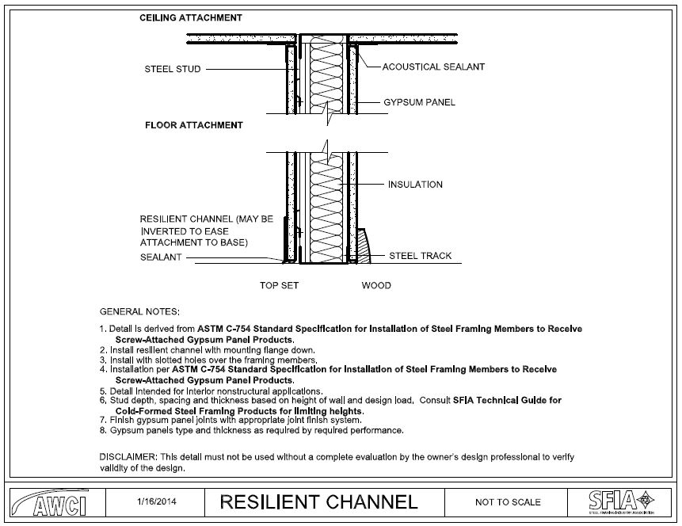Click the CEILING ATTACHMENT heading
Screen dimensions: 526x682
[x=191, y=17]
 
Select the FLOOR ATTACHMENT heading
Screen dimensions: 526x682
[x=193, y=125]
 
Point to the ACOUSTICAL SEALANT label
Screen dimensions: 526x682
[x=433, y=67]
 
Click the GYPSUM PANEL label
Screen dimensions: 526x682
[x=419, y=102]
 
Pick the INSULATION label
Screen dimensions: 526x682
[x=415, y=185]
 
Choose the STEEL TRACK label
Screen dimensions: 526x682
[x=420, y=256]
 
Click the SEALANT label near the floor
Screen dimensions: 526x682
[x=161, y=257]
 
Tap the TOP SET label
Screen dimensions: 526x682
[x=279, y=285]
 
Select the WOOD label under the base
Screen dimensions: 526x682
[x=376, y=285]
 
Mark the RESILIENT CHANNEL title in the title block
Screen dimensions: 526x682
[x=318, y=501]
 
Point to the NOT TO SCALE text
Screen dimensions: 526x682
[x=508, y=502]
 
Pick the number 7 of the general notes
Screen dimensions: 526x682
[x=102, y=420]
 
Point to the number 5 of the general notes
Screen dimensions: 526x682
[x=102, y=391]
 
